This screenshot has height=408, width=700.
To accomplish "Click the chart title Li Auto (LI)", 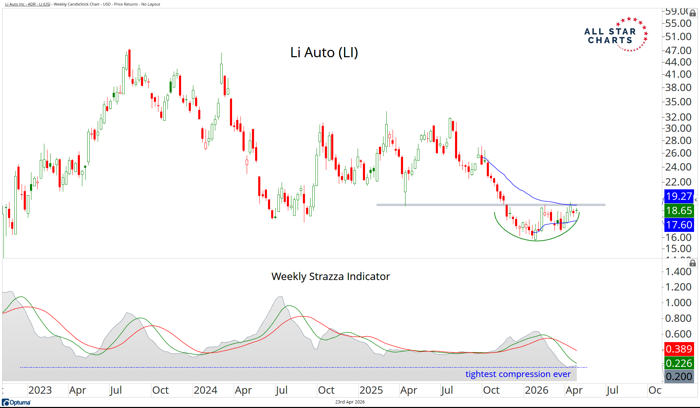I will pos(324,53).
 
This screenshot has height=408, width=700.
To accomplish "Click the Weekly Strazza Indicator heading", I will pos(330,277).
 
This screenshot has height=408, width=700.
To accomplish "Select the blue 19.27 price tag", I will pos(679,196).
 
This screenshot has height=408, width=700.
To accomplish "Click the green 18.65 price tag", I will pos(679,211).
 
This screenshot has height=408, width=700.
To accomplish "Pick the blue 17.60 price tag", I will pos(679,225).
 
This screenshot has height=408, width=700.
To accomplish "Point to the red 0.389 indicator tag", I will pos(679,349).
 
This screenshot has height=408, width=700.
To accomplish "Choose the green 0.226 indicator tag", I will pos(679,363).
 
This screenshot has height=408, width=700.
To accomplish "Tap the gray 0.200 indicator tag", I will pos(679,377).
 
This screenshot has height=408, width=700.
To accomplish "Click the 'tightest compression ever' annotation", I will pos(518,374).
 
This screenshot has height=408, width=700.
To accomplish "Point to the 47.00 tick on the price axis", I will pos(678,51).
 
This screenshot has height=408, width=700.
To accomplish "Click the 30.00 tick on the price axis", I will pos(678,128).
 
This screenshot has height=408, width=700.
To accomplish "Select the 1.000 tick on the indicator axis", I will pos(678,303).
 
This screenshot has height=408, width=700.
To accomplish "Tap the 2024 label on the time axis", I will pos(206,390).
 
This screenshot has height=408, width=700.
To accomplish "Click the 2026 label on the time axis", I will pos(536,390).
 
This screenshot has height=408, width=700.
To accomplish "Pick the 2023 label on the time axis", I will pos(40,390).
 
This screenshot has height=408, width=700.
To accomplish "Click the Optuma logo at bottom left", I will pos(16,402).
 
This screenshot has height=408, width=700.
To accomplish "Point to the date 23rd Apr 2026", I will pos(350,402).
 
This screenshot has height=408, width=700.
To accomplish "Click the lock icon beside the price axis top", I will pos(693,13).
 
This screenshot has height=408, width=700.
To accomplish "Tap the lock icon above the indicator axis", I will pos(693,263).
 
